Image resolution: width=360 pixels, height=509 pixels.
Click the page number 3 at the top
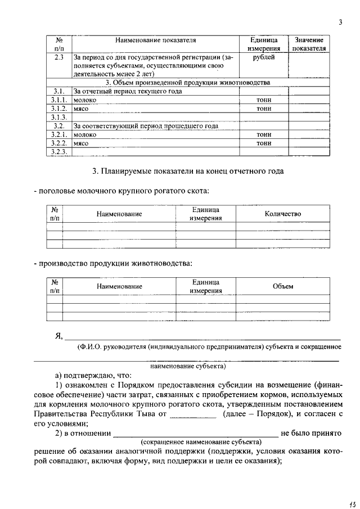point(340,22)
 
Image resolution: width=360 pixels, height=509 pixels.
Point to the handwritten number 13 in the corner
point(345,497)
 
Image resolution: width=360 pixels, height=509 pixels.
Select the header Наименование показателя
point(155,41)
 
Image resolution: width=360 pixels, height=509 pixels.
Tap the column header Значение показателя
point(309,44)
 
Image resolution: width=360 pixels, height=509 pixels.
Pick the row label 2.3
point(58,57)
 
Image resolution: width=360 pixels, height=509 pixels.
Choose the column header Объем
point(283,286)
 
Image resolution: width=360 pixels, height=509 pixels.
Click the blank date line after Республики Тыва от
point(193,415)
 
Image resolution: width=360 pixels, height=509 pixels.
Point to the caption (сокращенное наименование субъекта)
point(201,442)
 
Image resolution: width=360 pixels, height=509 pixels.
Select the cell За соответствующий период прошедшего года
point(146,126)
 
